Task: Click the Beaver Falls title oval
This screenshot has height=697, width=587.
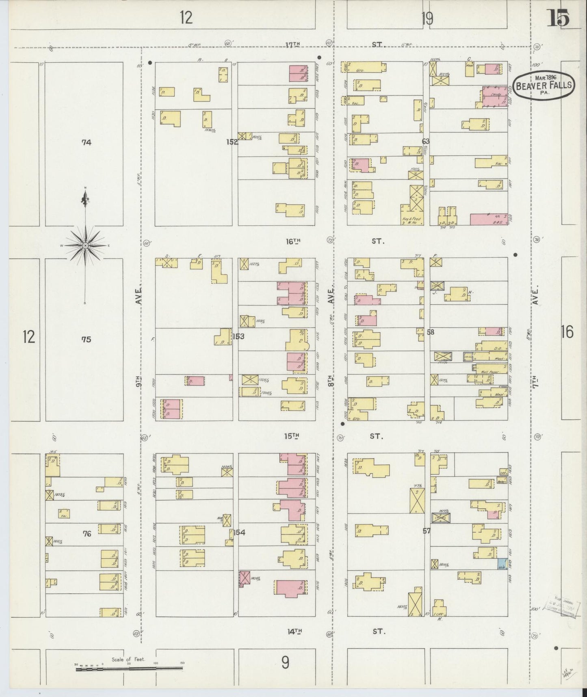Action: [544, 85]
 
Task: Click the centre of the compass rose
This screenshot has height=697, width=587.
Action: [85, 246]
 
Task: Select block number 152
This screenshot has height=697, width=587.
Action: [232, 142]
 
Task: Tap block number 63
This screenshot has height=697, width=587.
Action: [425, 142]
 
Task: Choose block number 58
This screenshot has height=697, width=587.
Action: [430, 332]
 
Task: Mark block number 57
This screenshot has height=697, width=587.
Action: [426, 531]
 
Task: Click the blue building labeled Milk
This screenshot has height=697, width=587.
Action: [502, 564]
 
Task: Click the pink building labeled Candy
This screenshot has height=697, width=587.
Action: [494, 94]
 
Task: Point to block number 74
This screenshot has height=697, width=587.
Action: [86, 142]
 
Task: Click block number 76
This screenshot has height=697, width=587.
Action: [87, 534]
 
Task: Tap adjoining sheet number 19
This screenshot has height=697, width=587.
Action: [427, 19]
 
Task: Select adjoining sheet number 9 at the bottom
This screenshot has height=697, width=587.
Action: [285, 663]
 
